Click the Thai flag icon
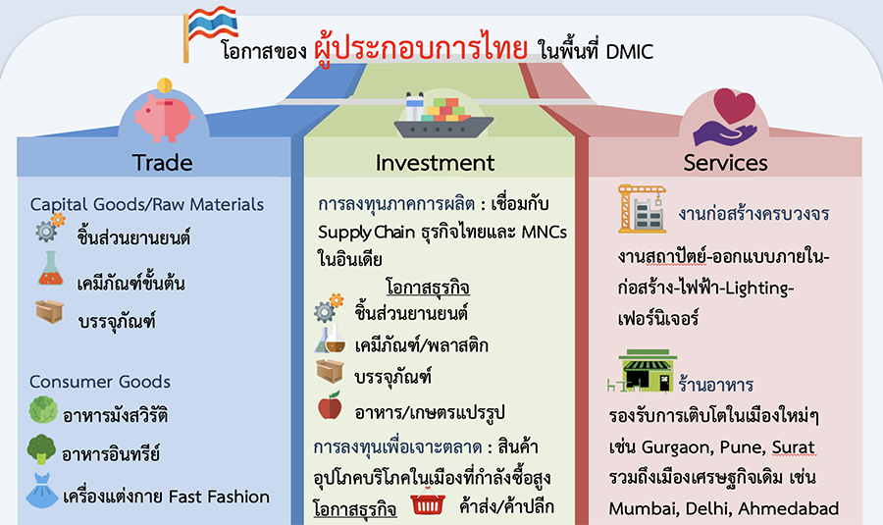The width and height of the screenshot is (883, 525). point(210,32)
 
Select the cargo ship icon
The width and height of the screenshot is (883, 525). point(443,117)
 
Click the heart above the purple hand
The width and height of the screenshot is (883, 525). point(734,105)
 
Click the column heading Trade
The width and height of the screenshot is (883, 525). point(162,163)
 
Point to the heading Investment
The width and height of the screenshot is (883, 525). point(435,163)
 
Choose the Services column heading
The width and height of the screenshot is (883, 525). point(725,163)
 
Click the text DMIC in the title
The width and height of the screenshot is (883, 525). point(630,52)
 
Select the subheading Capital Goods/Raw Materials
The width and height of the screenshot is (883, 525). point(147,204)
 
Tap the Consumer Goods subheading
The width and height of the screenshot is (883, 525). point(100,382)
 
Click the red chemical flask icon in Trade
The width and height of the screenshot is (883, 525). point(51,268)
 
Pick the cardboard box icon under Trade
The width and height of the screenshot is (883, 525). point(50,311)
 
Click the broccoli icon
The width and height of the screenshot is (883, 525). point(41,449)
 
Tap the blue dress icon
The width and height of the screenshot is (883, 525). point(41,491)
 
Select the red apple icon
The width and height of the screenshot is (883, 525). point(330,405)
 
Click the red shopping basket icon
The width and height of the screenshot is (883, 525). point(428,501)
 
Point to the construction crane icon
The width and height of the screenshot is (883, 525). point(642,208)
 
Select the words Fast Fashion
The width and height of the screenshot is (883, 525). point(219,497)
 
